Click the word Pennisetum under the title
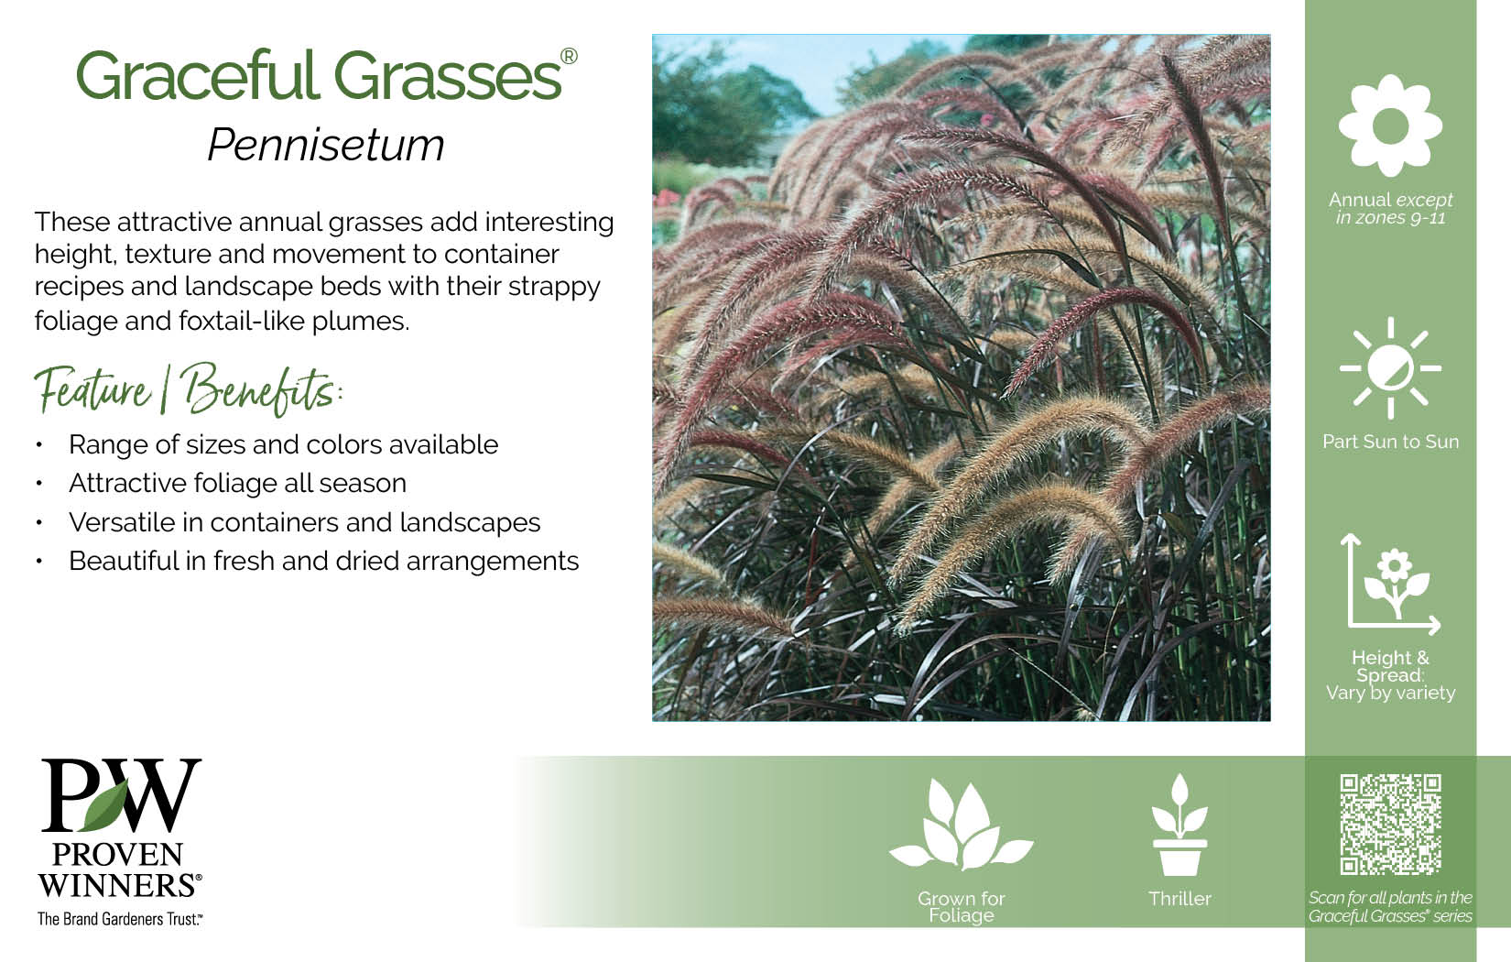(326, 145)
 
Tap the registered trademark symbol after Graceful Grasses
(569, 56)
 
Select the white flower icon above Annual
(1390, 126)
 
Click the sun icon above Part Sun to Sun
(1390, 368)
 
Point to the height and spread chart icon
(1390, 584)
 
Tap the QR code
(1390, 825)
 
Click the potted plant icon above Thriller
(1179, 825)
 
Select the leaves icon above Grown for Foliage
(962, 825)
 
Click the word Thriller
(1179, 899)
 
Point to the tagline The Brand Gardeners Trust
(120, 919)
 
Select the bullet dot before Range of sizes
(39, 445)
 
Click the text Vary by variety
(1390, 694)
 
